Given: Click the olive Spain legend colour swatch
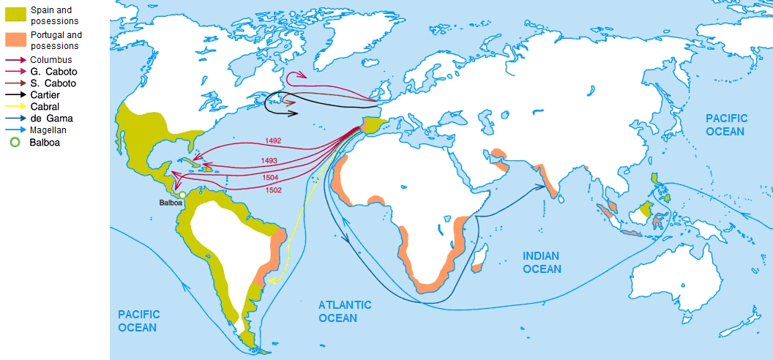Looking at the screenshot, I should pyautogui.click(x=14, y=13).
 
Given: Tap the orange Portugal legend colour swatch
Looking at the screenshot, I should pyautogui.click(x=14, y=38).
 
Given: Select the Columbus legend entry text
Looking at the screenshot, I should pyautogui.click(x=51, y=59).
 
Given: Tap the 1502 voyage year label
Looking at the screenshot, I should pyautogui.click(x=273, y=190).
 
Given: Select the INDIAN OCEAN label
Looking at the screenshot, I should pyautogui.click(x=541, y=262).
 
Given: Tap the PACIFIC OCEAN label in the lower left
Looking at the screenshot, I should pyautogui.click(x=138, y=320).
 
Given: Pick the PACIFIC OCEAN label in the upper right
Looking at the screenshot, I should pyautogui.click(x=726, y=124).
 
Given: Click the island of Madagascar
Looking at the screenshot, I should pyautogui.click(x=480, y=255).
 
